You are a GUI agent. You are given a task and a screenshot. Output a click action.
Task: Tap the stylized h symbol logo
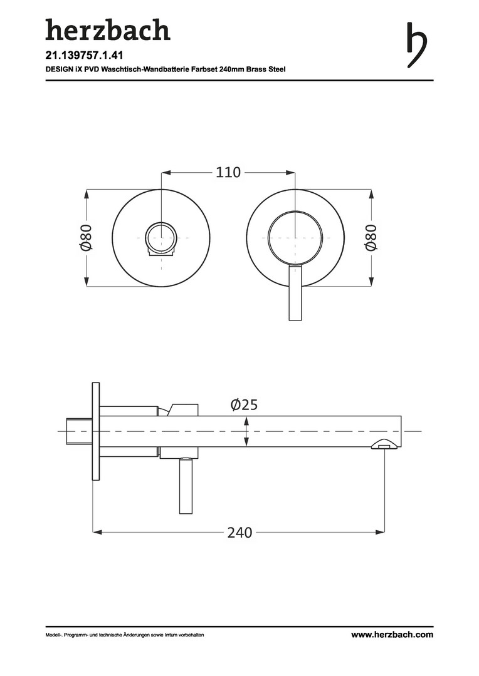(417, 45)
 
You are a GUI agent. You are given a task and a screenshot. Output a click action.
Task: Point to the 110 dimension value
(228, 173)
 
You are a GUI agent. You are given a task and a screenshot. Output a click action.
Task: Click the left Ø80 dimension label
(87, 237)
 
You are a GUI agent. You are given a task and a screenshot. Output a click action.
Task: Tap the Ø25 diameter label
(244, 405)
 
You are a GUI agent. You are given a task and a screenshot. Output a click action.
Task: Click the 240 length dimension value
(239, 533)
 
